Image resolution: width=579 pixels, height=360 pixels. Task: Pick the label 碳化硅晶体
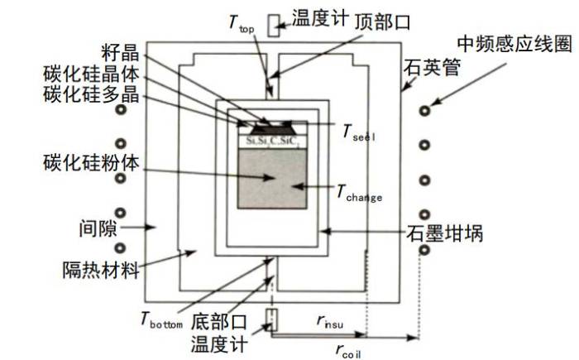[x=90, y=73]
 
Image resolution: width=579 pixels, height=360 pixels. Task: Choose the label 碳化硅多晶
[x=90, y=92]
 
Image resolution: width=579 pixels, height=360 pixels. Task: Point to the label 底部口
[x=218, y=319]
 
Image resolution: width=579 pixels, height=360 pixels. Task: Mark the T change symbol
[x=359, y=194]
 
